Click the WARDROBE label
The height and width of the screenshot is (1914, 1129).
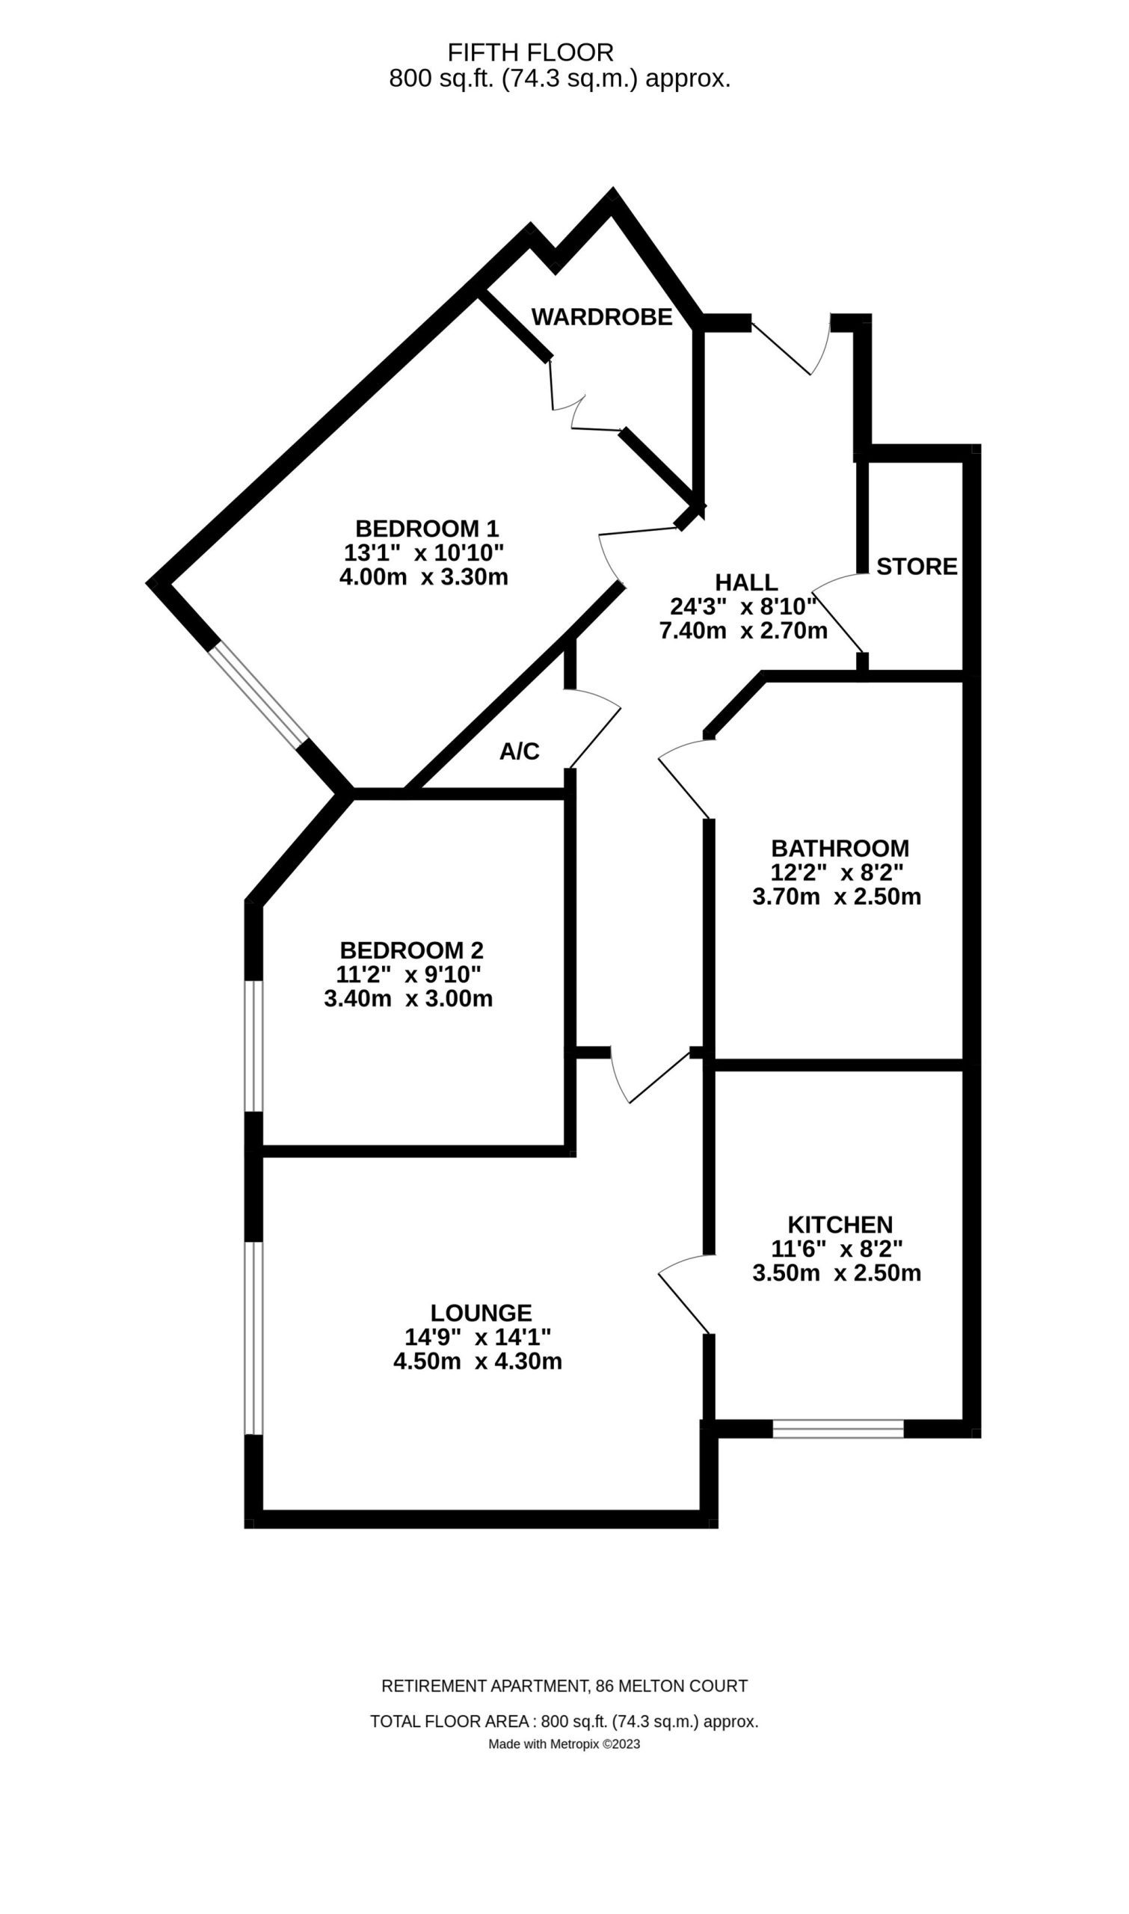click(602, 316)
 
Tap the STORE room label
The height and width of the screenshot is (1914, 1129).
click(917, 566)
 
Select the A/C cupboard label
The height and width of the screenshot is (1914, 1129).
click(520, 751)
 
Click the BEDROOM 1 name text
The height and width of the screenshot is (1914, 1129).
click(427, 528)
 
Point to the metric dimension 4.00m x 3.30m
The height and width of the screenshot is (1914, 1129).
click(424, 576)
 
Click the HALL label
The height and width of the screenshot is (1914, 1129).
click(746, 582)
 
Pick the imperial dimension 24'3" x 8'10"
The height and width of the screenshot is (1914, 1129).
click(743, 606)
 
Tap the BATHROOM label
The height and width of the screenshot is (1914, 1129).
click(840, 847)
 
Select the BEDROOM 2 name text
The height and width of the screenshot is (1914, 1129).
click(411, 950)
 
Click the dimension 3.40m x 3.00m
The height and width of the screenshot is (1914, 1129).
click(408, 998)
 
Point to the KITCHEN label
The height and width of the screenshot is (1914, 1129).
click(840, 1224)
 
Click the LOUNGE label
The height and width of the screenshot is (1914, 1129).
click(481, 1312)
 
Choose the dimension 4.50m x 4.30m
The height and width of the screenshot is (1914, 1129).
click(478, 1361)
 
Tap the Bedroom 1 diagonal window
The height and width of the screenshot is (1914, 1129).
click(259, 693)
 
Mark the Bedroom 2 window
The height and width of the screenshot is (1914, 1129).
click(253, 1046)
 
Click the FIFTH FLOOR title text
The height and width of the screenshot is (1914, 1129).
click(530, 52)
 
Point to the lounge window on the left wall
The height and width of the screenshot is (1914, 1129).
click(253, 1338)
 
